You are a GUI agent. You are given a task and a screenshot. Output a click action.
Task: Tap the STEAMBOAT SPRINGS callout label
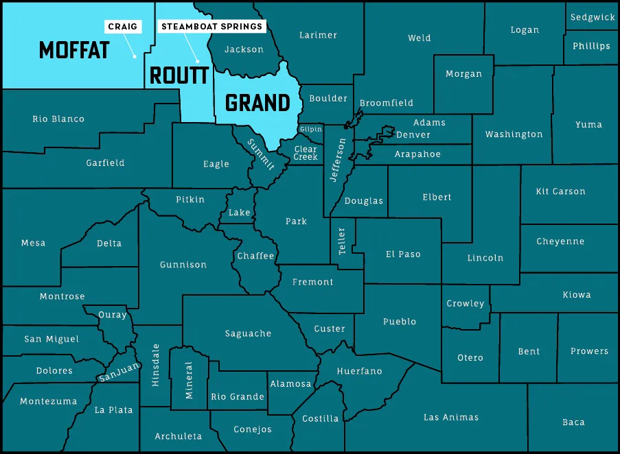pos(211,27)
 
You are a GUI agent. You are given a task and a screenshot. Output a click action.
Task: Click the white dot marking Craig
pos(135,56)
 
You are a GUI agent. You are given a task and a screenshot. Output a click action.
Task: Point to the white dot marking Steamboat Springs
pos(198,60)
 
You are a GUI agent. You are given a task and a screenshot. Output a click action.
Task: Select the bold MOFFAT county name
pos(74,50)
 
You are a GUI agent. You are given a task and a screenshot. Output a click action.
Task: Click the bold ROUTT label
pos(179,75)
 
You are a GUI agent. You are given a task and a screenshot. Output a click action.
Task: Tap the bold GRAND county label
pos(257,103)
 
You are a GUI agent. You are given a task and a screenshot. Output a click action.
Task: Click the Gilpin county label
pos(310,130)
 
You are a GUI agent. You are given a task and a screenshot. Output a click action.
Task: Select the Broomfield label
pos(387,103)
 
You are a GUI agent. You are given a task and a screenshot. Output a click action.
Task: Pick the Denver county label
pos(413,135)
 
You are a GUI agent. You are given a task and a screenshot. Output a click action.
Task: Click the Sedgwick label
pos(593,17)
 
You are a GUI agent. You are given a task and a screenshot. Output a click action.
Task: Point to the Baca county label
pos(573,422)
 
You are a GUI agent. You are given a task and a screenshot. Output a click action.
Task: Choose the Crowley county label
pos(466,303)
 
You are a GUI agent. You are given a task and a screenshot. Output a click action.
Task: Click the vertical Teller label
pos(342,239)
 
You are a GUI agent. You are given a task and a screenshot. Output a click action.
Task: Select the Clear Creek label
pos(306,153)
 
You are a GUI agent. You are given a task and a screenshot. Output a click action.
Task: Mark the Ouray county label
pos(113,315)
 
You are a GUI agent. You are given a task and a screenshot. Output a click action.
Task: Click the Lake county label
pos(240,213)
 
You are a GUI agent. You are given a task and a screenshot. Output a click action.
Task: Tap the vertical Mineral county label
pos(190,381)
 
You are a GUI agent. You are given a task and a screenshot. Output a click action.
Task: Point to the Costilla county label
pos(321,418)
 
